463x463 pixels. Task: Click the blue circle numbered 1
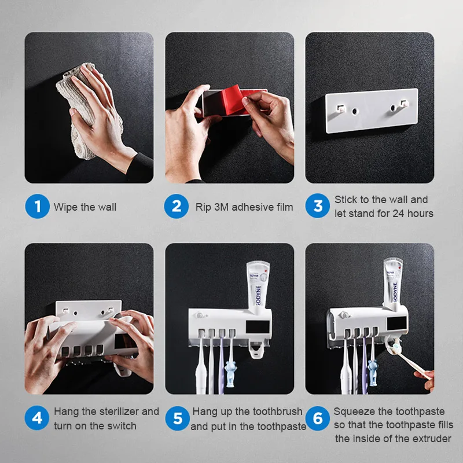(x=38, y=207)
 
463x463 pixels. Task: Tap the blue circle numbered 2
(x=177, y=207)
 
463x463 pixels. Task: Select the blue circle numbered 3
(x=318, y=207)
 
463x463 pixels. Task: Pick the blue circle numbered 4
(x=38, y=418)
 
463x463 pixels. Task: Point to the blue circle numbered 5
(x=178, y=418)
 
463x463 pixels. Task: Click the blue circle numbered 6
(x=318, y=418)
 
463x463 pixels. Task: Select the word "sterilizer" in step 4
(x=118, y=411)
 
